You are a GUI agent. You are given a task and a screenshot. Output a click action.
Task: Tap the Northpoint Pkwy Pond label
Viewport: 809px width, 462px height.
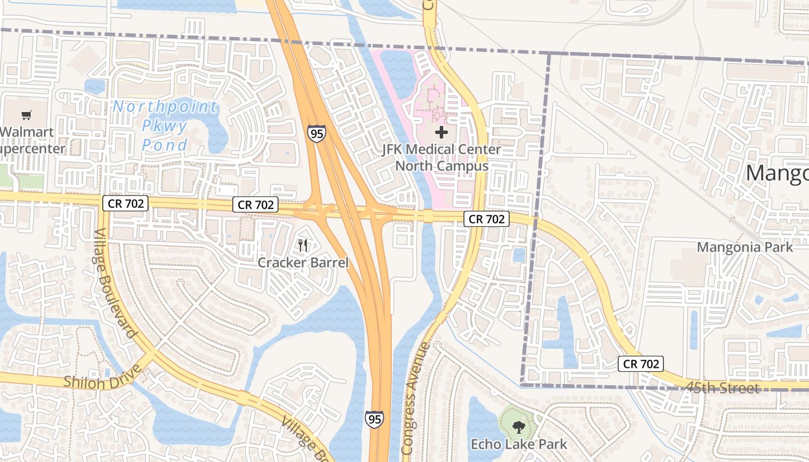pyautogui.click(x=165, y=125)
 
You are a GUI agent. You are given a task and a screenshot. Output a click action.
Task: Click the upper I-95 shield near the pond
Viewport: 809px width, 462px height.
pyautogui.click(x=316, y=133)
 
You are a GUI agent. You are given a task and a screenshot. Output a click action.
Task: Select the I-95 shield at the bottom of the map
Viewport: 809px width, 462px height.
pyautogui.click(x=374, y=419)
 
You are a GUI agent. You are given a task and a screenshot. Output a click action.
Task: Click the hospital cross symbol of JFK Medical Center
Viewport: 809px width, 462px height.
pyautogui.click(x=441, y=133)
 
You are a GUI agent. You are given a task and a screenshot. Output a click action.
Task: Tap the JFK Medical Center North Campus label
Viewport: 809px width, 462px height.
pyautogui.click(x=441, y=158)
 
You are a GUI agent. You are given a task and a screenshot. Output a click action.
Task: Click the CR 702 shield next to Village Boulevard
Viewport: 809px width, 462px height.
pyautogui.click(x=125, y=203)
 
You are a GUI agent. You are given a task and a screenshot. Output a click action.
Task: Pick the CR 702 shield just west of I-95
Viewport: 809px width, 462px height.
pyautogui.click(x=255, y=204)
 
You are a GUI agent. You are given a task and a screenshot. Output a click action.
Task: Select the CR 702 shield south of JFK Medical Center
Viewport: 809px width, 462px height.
pyautogui.click(x=486, y=219)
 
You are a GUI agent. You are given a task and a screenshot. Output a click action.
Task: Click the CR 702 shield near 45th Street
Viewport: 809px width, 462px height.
pyautogui.click(x=640, y=364)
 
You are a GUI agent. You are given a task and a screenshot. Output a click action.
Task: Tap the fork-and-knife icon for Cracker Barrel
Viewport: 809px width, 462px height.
pyautogui.click(x=303, y=245)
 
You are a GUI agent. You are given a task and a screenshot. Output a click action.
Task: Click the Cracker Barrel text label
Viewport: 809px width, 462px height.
pyautogui.click(x=303, y=263)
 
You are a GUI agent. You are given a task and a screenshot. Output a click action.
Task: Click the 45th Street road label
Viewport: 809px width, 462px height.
pyautogui.click(x=723, y=388)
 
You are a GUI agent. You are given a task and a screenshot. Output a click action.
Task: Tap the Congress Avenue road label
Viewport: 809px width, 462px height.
pyautogui.click(x=415, y=398)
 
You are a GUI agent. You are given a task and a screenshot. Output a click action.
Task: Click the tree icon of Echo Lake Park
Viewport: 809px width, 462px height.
pyautogui.click(x=518, y=427)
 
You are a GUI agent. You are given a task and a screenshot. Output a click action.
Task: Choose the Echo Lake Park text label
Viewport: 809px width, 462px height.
pyautogui.click(x=518, y=444)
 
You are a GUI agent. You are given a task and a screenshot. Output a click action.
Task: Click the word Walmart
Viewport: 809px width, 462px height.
pyautogui.click(x=27, y=132)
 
